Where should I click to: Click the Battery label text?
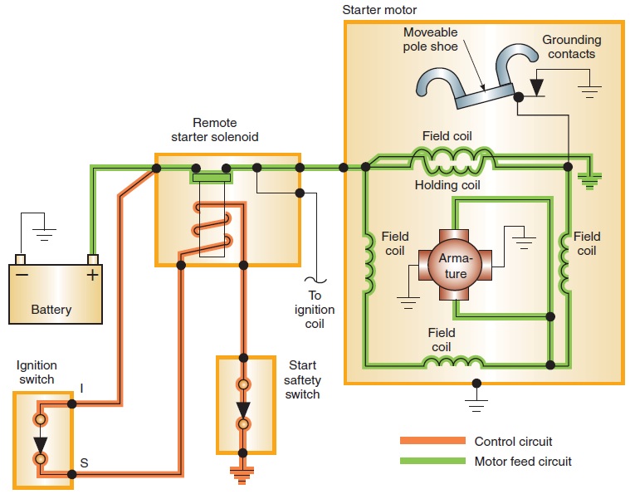[x=51, y=310]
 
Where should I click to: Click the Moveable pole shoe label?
[x=430, y=39]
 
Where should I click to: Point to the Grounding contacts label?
[x=571, y=46]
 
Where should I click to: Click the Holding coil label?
[x=447, y=185]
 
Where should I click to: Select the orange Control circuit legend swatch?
[x=432, y=441]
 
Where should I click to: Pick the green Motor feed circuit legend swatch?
[x=432, y=461]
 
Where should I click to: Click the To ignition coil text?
[x=315, y=310]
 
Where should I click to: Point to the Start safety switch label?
[x=302, y=379]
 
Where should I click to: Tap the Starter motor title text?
[x=381, y=9]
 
